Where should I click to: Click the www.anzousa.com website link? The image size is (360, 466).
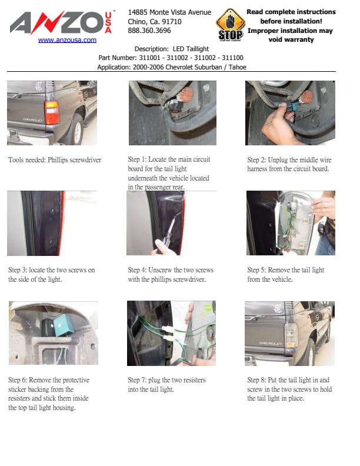[x=67, y=40]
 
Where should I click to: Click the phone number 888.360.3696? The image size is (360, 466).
[x=149, y=31]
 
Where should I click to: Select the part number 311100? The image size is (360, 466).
[x=232, y=58]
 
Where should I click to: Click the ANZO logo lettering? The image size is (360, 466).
[x=57, y=22]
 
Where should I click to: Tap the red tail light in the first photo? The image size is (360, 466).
[x=52, y=112]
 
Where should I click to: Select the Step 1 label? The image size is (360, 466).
[x=137, y=159]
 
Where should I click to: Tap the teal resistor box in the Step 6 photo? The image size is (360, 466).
[x=64, y=325]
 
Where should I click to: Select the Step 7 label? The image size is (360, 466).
[x=137, y=380]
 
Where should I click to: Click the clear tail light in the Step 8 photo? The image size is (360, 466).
[x=291, y=335]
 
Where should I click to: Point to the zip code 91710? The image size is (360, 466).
[x=172, y=21]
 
